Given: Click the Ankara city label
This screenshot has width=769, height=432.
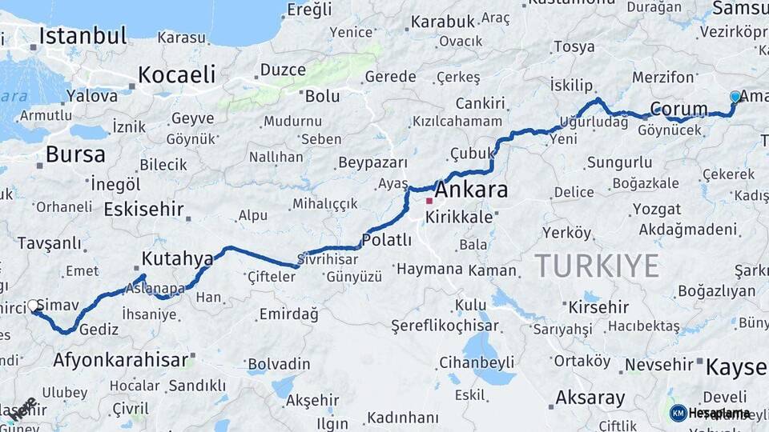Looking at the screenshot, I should (471, 190).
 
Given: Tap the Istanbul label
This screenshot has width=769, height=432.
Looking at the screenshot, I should (83, 36).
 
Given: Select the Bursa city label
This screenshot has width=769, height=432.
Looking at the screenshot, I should (75, 154).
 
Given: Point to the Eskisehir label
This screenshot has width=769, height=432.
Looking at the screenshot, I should (143, 210).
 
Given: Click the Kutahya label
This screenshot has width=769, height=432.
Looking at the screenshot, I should (177, 258).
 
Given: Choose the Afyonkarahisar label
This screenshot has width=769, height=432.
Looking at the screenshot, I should (120, 360).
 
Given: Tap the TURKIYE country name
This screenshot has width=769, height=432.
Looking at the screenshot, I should (597, 265).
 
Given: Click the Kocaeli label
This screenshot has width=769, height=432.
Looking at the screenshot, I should (176, 75).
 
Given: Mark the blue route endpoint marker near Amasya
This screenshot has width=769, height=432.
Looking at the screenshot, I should (735, 97).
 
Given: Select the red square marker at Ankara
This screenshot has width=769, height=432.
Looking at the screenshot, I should (429, 201).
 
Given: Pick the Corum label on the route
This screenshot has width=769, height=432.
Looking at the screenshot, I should (678, 109).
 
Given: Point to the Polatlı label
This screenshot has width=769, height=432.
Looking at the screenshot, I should (387, 240).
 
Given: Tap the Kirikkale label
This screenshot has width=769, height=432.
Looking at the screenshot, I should (460, 217).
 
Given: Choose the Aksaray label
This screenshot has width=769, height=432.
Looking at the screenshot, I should (590, 398).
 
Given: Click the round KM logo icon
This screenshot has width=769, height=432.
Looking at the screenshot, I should (678, 413).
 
